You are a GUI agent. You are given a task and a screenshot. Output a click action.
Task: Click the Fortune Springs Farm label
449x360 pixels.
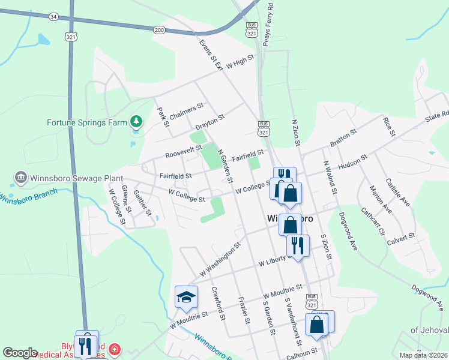pos(87,123)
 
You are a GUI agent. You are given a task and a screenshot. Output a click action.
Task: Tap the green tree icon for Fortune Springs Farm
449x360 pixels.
pos(137,122)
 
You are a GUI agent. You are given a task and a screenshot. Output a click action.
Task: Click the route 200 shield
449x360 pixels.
pos(158,29)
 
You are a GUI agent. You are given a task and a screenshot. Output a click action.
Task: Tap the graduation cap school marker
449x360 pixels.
pos(186,296)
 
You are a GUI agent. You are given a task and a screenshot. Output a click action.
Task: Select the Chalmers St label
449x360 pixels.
pos(183,112)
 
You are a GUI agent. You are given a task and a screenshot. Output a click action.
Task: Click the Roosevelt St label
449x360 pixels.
pos(184,151)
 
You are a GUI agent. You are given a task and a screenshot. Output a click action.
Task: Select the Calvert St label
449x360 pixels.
pos(402,238)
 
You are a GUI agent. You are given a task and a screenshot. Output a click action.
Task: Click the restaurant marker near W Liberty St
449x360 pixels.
pos(298,245)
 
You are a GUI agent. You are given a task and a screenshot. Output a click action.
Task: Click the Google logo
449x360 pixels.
pos(20,353)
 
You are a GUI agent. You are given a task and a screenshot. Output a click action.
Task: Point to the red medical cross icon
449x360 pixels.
pos(115,349)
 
